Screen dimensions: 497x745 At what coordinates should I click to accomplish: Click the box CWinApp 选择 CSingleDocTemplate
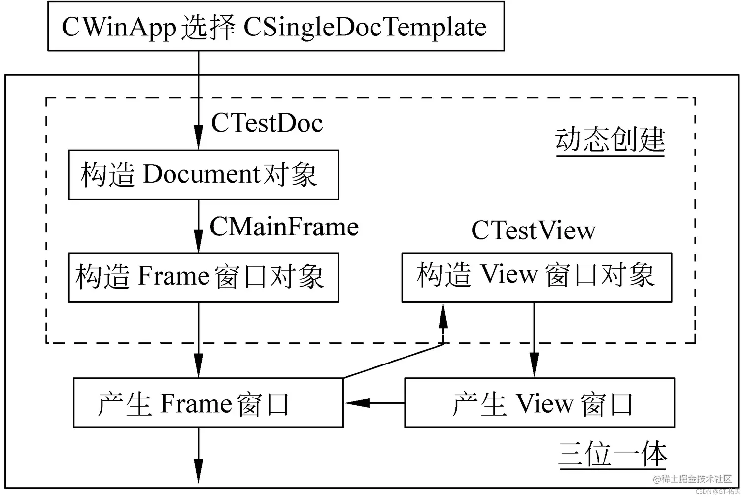[275, 26]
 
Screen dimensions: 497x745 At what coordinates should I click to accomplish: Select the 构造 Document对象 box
[203, 175]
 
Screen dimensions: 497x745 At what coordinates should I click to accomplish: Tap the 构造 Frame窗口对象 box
[203, 277]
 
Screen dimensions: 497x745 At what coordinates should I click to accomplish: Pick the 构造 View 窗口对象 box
[536, 277]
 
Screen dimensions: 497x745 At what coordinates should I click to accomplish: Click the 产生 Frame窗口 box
[207, 402]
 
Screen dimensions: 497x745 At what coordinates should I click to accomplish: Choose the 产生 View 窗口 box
[539, 402]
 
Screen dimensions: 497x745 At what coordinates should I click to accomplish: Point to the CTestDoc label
[267, 123]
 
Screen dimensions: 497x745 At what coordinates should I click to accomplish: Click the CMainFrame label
[284, 227]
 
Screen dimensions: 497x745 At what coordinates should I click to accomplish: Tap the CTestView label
[533, 231]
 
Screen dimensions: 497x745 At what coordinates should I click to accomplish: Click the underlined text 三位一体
[612, 454]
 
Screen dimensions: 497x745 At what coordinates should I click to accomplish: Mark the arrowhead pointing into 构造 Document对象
[198, 138]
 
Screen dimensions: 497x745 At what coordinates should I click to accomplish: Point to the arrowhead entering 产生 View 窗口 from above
[534, 367]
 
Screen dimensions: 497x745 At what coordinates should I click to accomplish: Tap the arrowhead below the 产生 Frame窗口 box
[198, 471]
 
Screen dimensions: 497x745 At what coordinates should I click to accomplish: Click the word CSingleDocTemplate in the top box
[365, 27]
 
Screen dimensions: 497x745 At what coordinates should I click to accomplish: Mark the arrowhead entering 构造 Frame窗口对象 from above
[198, 241]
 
